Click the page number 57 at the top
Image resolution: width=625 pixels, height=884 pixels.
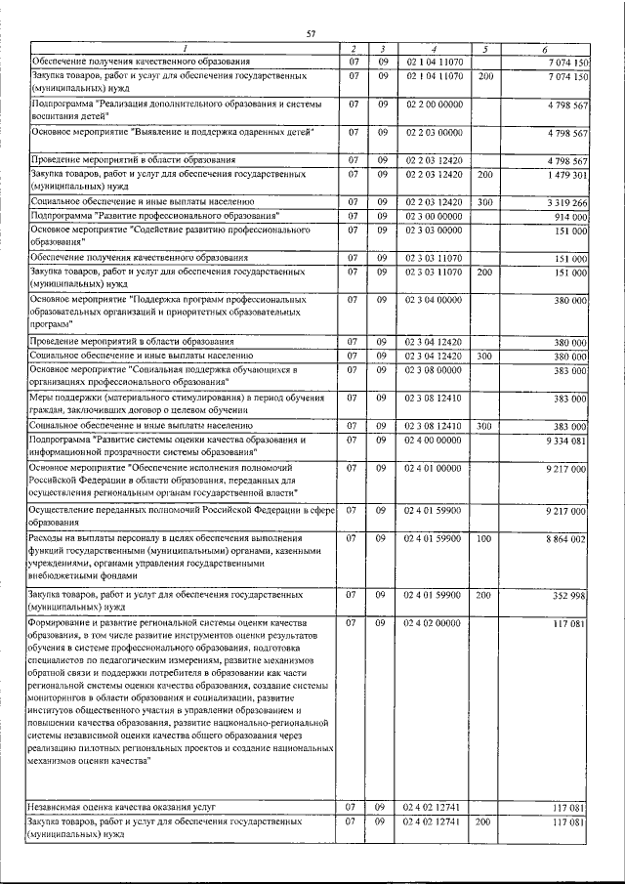(311, 34)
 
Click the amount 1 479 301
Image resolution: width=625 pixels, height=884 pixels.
(566, 174)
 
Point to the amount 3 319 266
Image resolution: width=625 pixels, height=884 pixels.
(566, 202)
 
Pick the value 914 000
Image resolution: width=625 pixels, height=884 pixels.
(570, 216)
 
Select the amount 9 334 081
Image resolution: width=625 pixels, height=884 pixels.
(566, 441)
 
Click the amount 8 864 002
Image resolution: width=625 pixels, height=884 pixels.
(566, 538)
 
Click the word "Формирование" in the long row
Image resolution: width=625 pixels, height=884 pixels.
(62, 622)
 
